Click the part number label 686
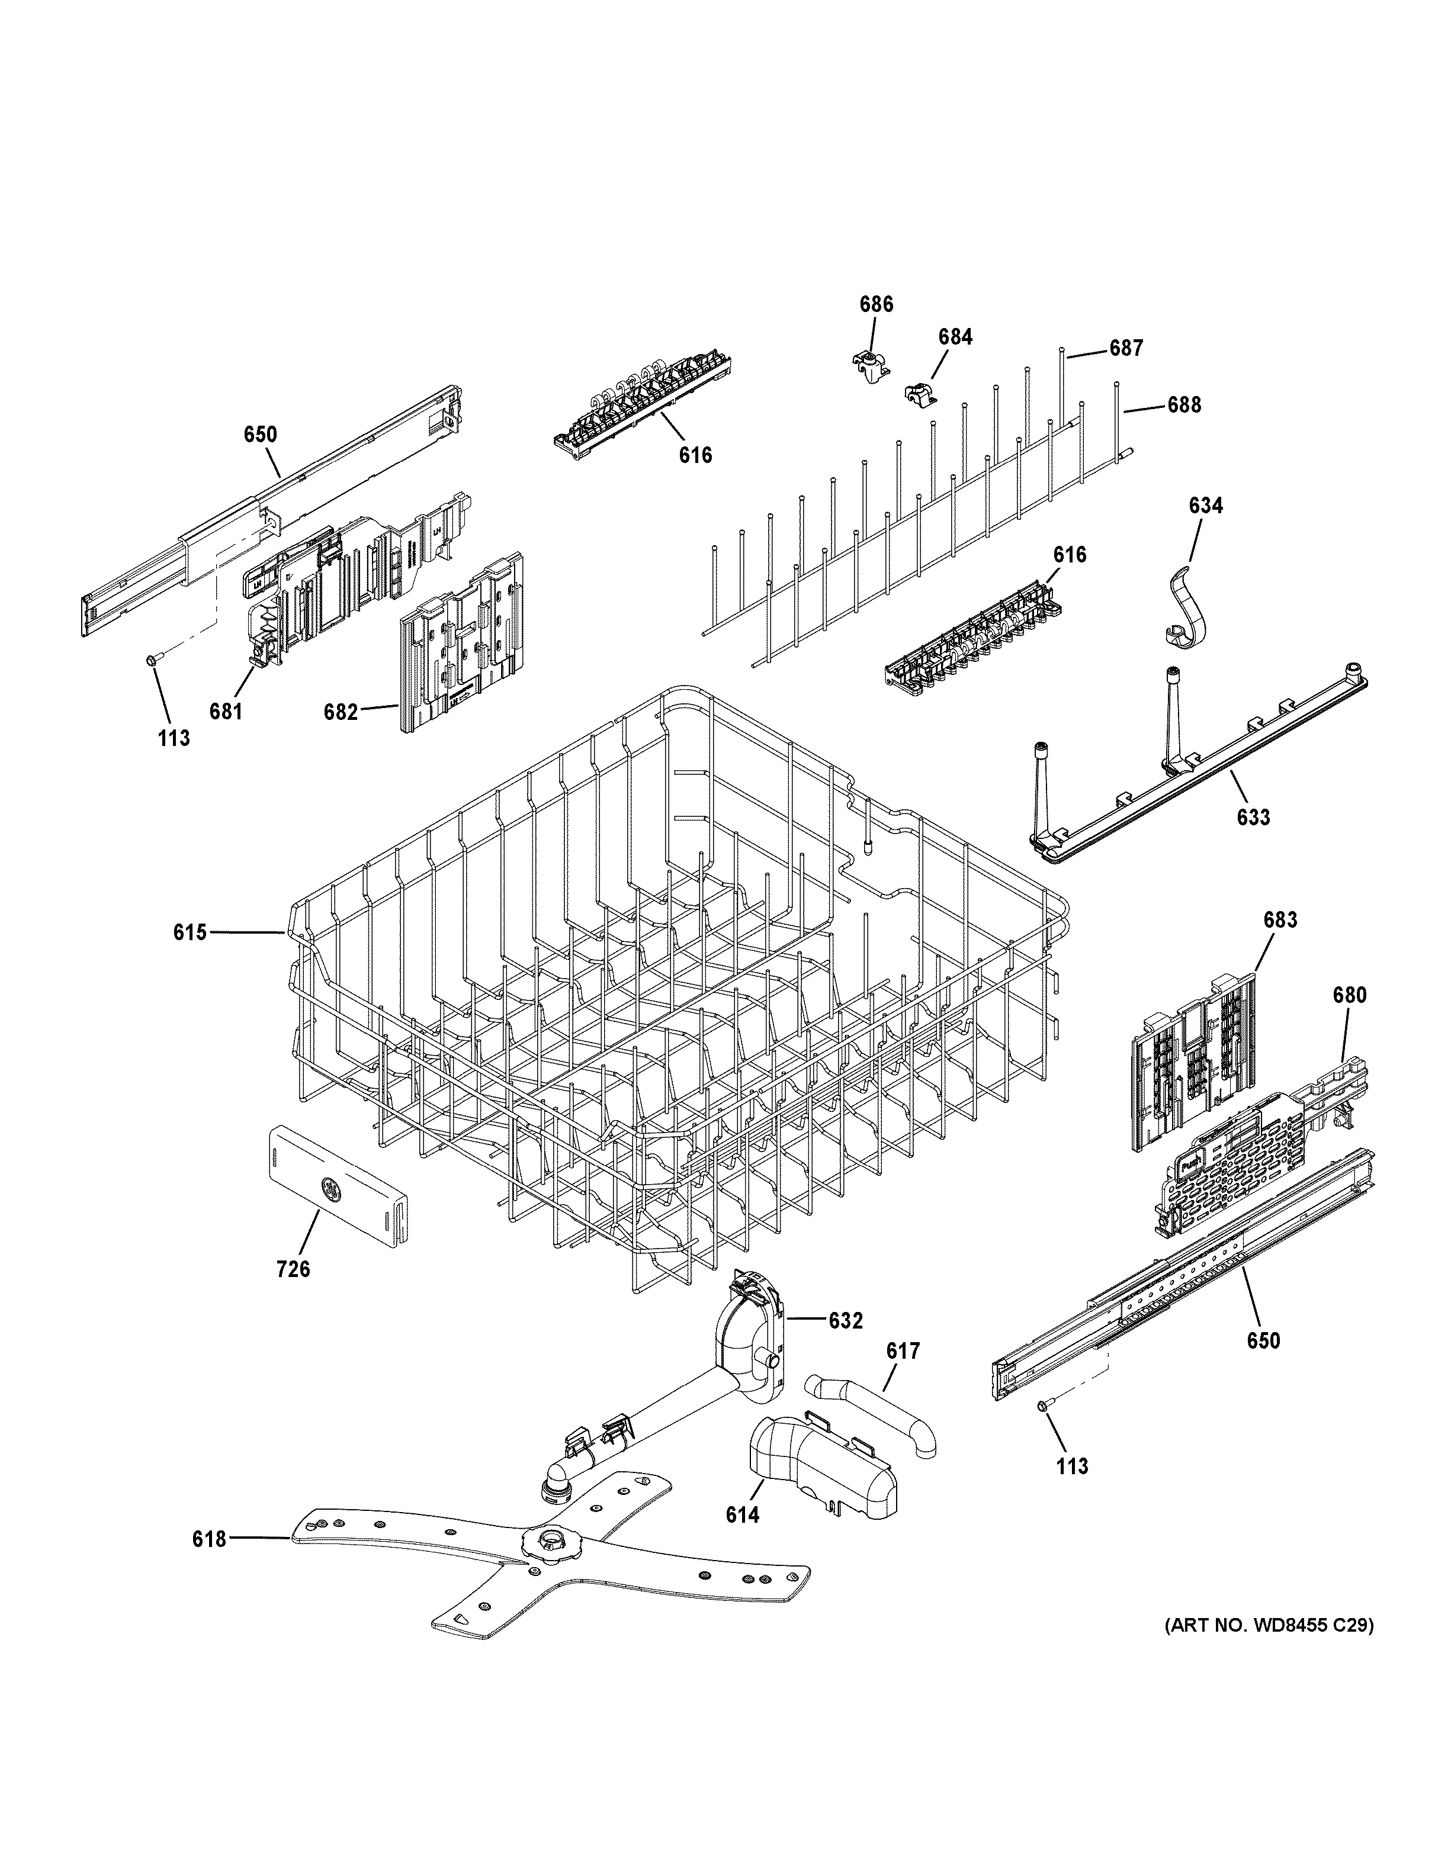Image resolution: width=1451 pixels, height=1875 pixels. [876, 304]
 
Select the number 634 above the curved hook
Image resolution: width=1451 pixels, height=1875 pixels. [1205, 506]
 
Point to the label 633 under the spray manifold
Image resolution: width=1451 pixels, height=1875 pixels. [1253, 816]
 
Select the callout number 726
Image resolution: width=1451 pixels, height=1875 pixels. [293, 1292]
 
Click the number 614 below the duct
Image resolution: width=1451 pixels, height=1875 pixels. [742, 1515]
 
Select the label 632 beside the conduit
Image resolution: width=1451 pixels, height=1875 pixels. [845, 1321]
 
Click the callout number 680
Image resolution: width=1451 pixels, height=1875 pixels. [1349, 995]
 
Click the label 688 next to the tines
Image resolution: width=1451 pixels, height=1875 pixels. [1183, 405]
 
